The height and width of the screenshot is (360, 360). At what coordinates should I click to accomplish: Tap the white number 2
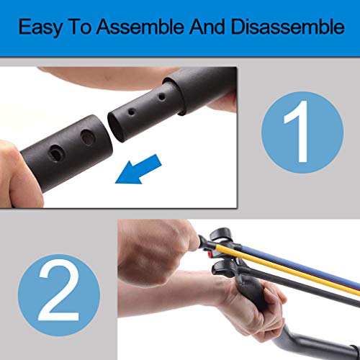point(59,284)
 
